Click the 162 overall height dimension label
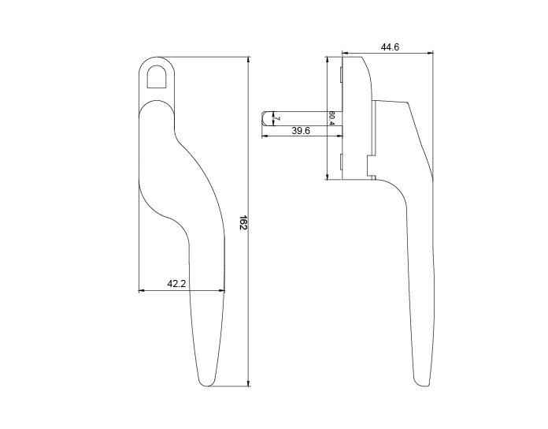(x=243, y=222)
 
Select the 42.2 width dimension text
(x=176, y=284)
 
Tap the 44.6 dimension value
(x=390, y=47)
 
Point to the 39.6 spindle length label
(x=301, y=131)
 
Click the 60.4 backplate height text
(x=331, y=118)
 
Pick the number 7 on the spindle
(x=277, y=118)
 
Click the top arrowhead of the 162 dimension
(x=249, y=59)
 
